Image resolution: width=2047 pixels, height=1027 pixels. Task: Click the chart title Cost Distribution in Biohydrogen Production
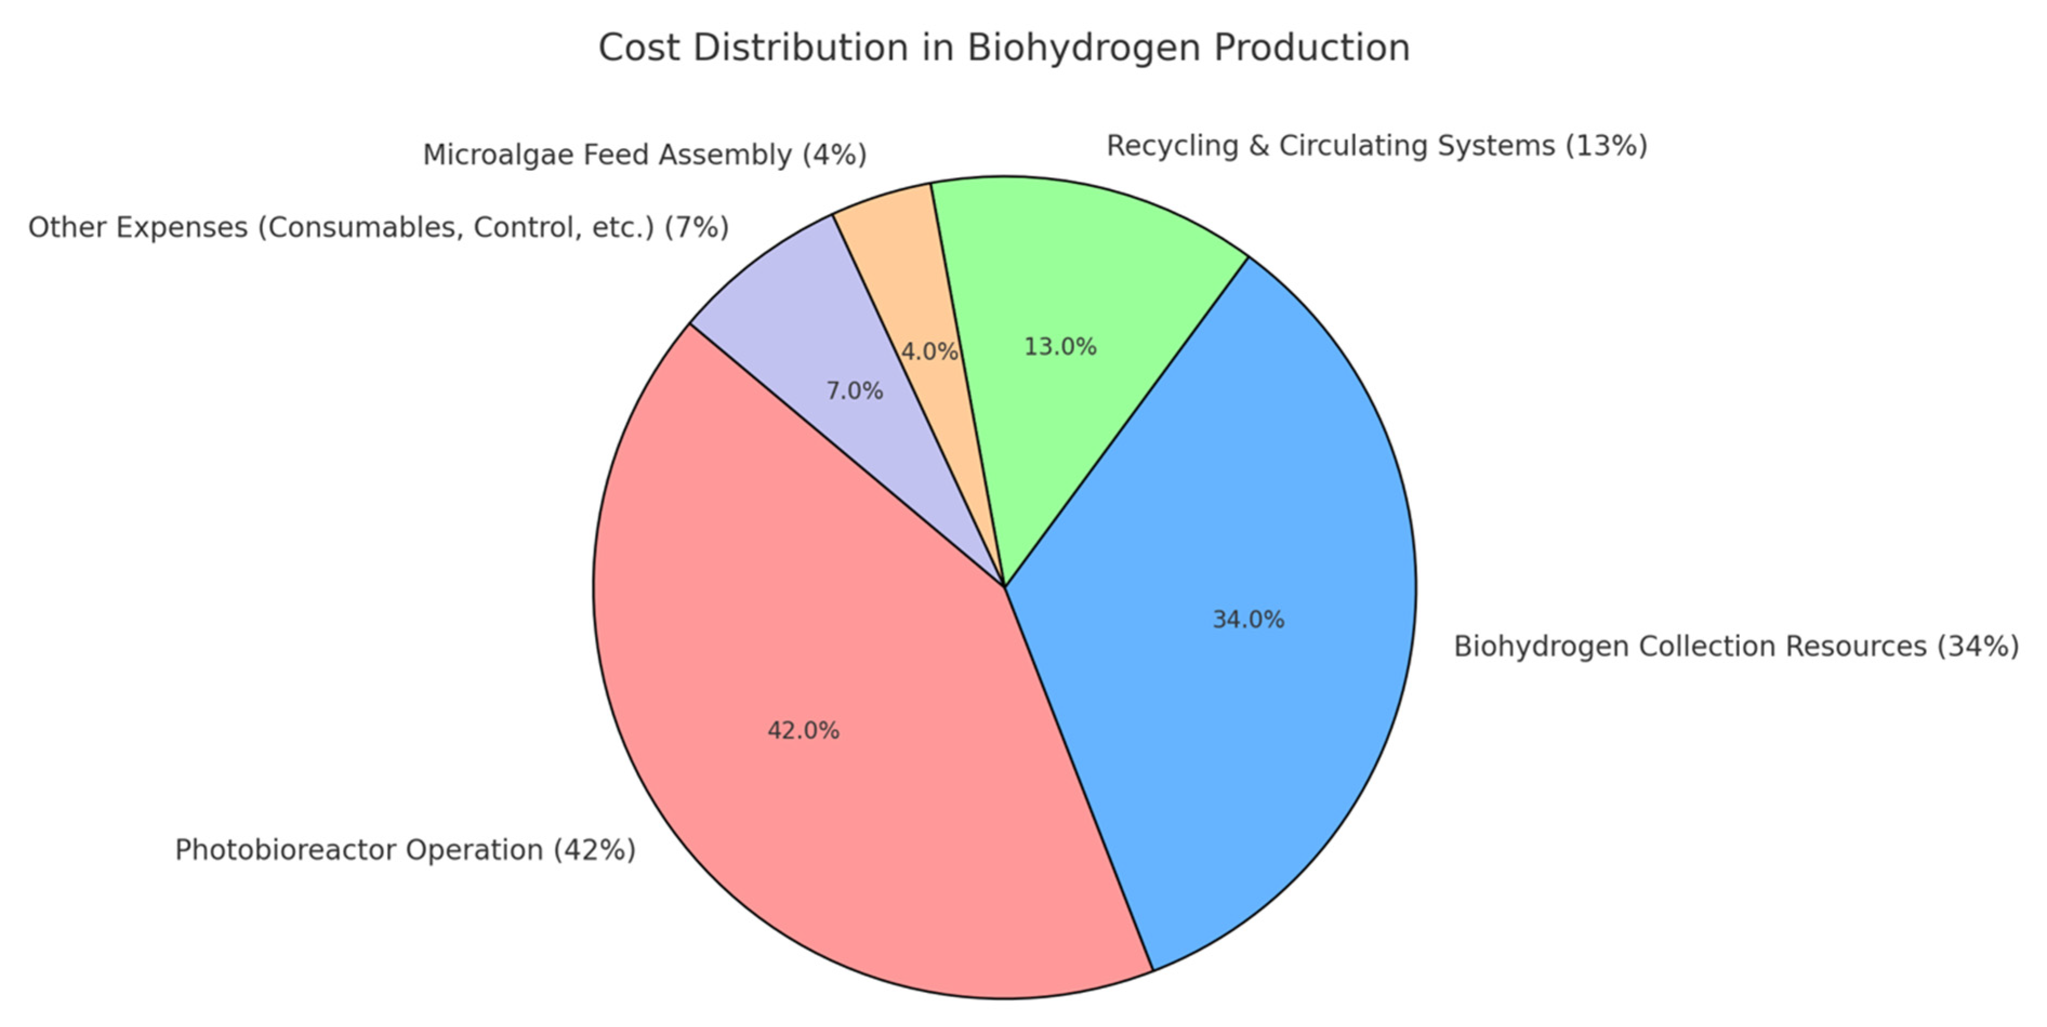coord(1004,48)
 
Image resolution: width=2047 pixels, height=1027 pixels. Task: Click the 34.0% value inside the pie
coord(1248,619)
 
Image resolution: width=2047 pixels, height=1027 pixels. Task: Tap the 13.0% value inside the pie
coord(1059,347)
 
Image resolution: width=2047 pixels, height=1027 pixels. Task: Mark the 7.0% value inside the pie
coord(854,391)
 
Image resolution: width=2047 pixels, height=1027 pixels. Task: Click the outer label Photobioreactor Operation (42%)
coord(405,850)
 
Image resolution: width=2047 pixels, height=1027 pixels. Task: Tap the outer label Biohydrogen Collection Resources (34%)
coord(1736,646)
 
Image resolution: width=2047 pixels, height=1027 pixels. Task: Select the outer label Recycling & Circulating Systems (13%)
coord(1376,146)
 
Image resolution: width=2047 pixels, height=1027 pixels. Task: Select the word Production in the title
coord(1311,48)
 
